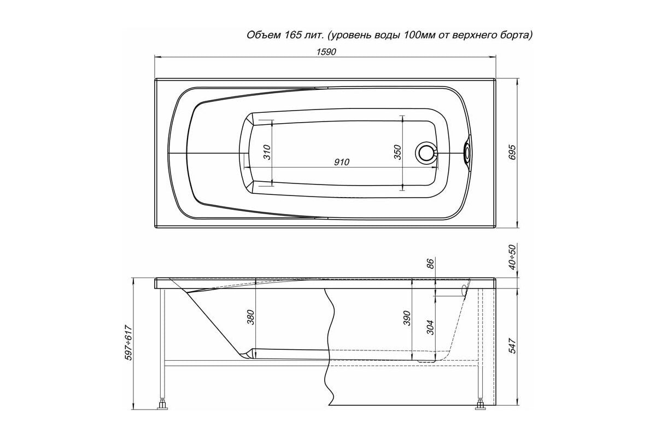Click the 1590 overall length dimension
click(x=326, y=52)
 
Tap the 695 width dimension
click(x=512, y=152)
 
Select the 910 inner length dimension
click(x=342, y=162)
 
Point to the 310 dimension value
click(x=267, y=152)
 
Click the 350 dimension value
click(x=397, y=152)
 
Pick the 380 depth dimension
click(x=251, y=317)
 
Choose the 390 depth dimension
click(x=407, y=318)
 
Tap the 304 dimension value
click(x=430, y=327)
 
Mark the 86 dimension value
click(x=430, y=263)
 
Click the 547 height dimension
click(x=512, y=346)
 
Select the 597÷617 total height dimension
click(x=128, y=342)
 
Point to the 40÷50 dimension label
click(x=512, y=257)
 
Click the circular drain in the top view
click(x=425, y=153)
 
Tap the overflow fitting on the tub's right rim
click(x=467, y=153)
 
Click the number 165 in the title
click(x=291, y=35)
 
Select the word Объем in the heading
click(x=262, y=35)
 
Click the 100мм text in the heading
click(x=420, y=35)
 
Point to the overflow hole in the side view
click(x=464, y=291)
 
